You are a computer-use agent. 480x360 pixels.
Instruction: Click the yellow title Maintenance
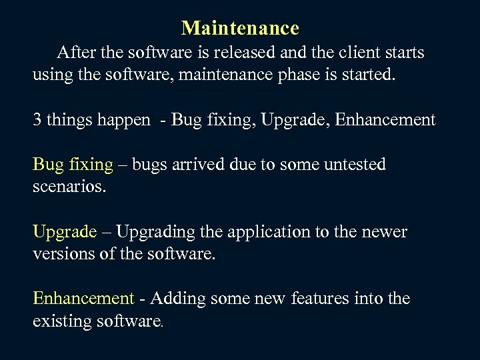240,28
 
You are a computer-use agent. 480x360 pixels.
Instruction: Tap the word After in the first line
76,52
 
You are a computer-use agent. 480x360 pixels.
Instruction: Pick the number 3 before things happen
37,120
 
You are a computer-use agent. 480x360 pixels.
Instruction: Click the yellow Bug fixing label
73,165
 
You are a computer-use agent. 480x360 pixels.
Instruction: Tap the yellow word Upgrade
65,233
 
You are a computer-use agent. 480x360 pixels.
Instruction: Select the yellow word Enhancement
84,299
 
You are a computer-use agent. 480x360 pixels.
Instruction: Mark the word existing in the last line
61,321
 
